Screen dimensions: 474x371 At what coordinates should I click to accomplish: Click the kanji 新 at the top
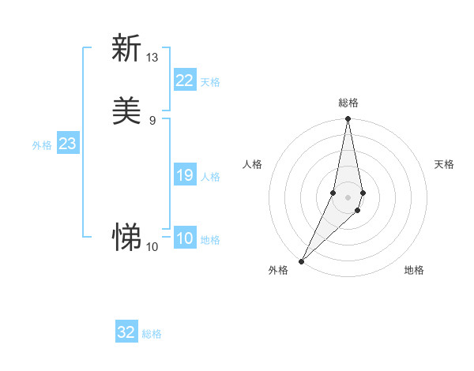pos(126,48)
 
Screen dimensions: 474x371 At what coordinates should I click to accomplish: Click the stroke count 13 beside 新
pos(152,58)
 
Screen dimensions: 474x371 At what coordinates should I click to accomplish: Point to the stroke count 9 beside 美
pos(152,121)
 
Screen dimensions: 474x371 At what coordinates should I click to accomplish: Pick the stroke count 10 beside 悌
pos(152,247)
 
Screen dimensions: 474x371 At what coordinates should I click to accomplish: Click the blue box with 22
pos(185,81)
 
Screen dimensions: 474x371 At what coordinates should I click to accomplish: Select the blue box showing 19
pos(185,175)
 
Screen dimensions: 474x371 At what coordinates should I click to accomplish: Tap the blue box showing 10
pos(185,238)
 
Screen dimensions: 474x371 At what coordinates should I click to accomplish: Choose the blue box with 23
pos(68,144)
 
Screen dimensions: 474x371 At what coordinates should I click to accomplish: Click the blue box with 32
pos(126,333)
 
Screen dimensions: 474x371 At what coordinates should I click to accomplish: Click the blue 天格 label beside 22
pos(210,82)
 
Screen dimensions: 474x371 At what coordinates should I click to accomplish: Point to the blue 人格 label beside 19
pos(210,177)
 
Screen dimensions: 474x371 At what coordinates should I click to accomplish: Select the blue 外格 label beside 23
pos(42,145)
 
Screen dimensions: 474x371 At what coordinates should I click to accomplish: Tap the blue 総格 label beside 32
pos(152,335)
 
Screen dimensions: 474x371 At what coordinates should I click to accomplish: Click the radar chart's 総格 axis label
pos(348,103)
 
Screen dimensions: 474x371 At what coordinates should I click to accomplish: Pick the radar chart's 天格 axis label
pos(444,164)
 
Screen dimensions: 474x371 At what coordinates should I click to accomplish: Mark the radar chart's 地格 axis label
pos(414,270)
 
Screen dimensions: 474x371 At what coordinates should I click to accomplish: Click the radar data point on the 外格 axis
pos(302,260)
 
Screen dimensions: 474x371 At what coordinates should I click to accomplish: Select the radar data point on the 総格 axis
pos(348,119)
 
